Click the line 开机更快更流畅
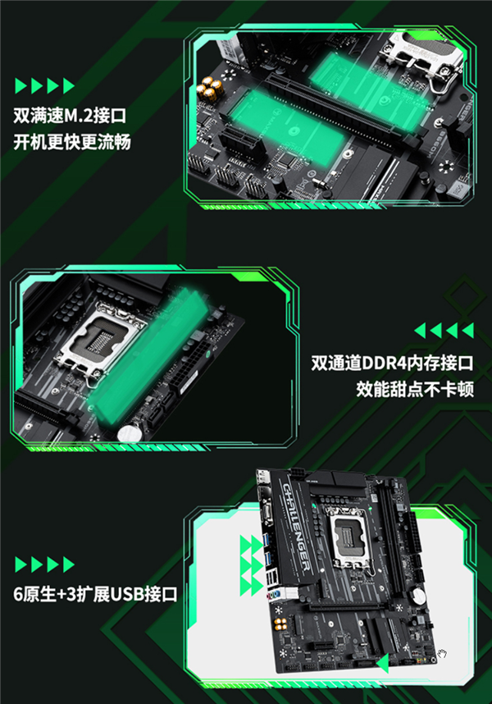71,142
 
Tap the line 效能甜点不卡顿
415,390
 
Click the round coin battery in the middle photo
128,433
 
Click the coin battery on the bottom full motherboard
417,596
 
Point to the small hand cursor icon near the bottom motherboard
442,654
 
